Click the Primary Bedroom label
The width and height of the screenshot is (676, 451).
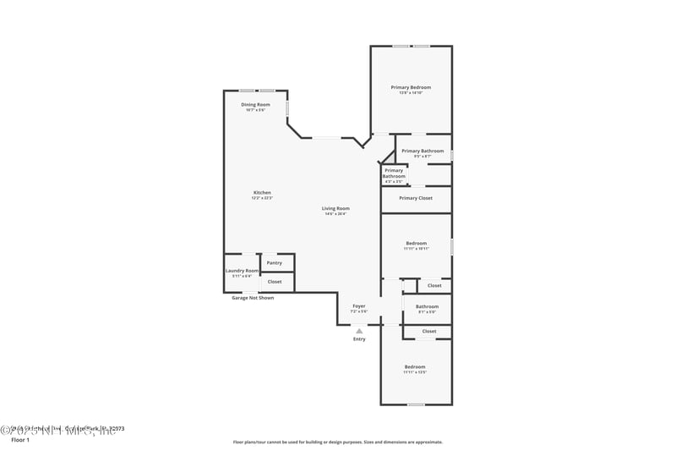click(411, 88)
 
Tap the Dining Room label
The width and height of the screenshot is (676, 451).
click(255, 105)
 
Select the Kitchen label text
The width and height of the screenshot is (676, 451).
click(262, 193)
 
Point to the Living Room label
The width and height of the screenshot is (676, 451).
click(335, 208)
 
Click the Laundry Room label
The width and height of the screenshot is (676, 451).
click(241, 270)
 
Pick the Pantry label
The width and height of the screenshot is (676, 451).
click(275, 263)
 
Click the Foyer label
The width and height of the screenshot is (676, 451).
click(359, 305)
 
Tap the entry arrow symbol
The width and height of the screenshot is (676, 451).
click(359, 330)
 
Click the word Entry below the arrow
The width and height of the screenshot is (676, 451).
click(359, 339)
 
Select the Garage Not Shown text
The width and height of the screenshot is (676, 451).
click(253, 298)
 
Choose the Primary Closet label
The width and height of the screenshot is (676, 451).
click(416, 198)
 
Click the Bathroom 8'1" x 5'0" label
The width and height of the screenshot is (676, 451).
click(427, 306)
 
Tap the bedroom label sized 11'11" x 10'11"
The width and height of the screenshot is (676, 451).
click(416, 244)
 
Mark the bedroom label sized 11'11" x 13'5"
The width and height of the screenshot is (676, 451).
click(414, 367)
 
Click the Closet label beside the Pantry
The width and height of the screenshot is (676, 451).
click(275, 281)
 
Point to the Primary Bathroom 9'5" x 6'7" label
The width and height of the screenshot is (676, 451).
click(422, 151)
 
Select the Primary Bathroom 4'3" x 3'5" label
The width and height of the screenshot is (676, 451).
click(394, 173)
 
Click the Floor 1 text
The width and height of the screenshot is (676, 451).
click(19, 440)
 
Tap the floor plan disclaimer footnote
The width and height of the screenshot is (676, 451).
click(338, 442)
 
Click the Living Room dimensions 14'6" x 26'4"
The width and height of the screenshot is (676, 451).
click(335, 214)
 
